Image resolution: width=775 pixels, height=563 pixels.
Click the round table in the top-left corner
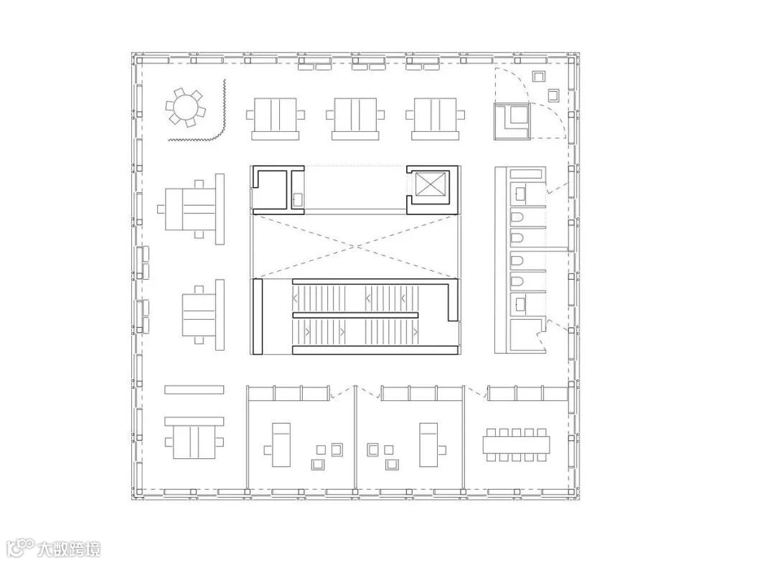coord(185,107)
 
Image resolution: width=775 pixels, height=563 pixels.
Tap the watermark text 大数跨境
coord(69,549)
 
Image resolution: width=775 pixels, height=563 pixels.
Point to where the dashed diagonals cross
coord(356,245)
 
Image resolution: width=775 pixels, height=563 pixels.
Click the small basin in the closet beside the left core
coord(298,199)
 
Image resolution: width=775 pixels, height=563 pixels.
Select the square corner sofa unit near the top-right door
coord(512,121)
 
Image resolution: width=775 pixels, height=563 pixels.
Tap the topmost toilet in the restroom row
coord(517,218)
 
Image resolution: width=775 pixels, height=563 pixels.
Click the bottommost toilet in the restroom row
coord(517,282)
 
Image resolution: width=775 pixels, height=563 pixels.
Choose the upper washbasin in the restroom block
coord(520,194)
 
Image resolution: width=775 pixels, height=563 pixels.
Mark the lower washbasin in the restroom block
coord(520,303)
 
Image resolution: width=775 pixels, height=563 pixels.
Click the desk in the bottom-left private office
coord(282,445)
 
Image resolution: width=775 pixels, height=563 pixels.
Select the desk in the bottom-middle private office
coord(429,445)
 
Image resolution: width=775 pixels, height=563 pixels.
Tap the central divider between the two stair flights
coord(355,315)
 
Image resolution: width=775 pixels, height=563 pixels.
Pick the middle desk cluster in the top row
coord(355,118)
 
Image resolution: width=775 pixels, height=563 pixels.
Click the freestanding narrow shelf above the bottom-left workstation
coord(194,389)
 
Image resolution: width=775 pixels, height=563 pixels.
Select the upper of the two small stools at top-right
coord(539,76)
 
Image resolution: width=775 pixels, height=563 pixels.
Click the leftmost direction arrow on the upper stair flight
coord(296,298)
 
